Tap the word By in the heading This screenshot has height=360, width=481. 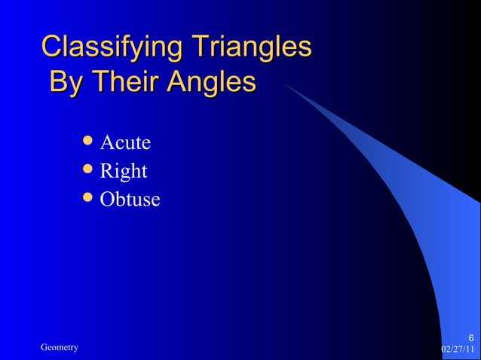[66, 82]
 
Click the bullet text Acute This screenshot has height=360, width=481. [126, 143]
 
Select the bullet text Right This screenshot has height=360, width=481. [124, 172]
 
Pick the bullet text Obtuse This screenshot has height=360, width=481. [130, 200]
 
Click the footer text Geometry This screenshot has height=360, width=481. [60, 347]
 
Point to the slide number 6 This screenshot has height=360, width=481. [470, 337]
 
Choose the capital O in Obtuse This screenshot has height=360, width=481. [108, 200]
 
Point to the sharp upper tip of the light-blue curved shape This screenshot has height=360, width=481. [284, 84]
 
